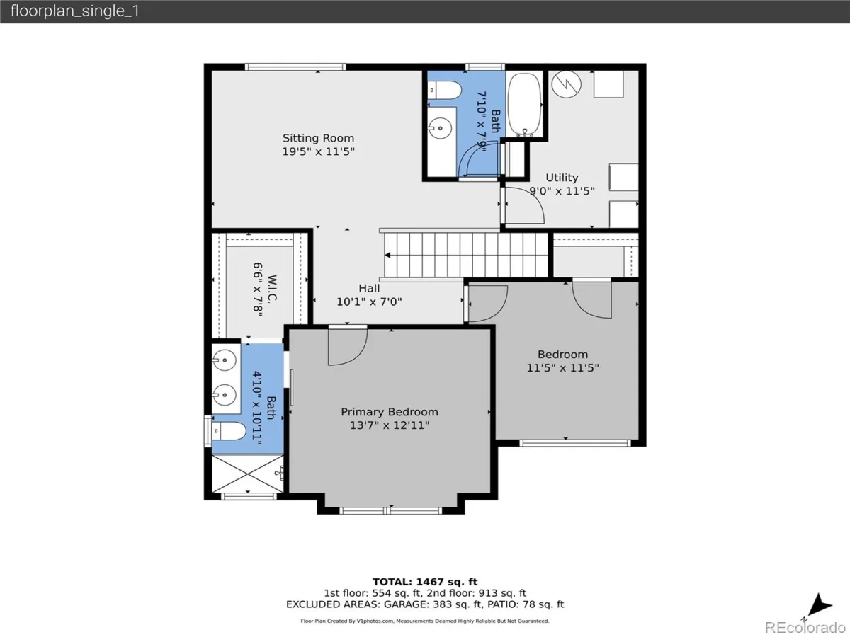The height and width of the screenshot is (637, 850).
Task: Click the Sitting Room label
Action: point(318,138)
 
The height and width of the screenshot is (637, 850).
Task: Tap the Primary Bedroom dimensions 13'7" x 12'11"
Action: point(390,425)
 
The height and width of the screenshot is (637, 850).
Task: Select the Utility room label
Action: point(562,178)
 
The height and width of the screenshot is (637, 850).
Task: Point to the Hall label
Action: point(369,288)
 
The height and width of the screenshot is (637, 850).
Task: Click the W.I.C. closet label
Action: point(272,289)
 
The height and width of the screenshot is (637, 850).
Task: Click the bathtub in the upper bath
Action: point(524,105)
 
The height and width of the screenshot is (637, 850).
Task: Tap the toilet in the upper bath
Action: point(445,90)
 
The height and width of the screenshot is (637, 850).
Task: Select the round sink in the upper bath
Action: point(440,128)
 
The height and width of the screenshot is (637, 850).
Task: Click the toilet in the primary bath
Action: point(229,431)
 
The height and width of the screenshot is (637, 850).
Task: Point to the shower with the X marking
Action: point(247,474)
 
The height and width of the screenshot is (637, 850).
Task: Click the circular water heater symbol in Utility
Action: point(567,84)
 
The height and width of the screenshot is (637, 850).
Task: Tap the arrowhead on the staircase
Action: point(387,256)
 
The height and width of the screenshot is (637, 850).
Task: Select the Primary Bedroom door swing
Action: point(348,347)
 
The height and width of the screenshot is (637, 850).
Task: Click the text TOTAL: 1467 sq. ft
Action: point(425,582)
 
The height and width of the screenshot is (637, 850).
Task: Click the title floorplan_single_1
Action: point(75,11)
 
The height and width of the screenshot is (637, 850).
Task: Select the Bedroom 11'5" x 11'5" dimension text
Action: point(562,368)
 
